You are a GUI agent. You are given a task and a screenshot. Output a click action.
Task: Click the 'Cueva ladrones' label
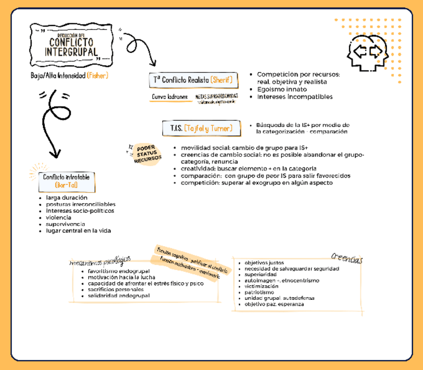point(170,97)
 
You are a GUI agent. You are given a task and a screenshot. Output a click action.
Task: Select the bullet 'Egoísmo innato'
point(282,89)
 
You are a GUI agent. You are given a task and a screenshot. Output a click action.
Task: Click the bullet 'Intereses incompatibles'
point(295,97)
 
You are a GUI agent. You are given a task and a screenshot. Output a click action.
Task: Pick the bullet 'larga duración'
point(66,197)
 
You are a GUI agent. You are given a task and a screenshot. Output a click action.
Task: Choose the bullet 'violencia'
point(58,217)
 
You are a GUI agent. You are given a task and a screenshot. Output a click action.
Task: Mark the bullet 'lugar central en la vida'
point(78,230)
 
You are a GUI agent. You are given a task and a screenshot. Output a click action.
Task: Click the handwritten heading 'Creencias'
point(347,258)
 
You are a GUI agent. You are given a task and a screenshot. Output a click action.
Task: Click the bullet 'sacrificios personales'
point(116,289)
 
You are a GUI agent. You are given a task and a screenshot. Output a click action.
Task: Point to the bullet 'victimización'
point(261,286)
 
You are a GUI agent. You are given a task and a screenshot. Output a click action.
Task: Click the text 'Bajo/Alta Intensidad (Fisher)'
point(69,75)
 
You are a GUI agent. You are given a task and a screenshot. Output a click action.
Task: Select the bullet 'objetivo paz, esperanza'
point(274,304)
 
